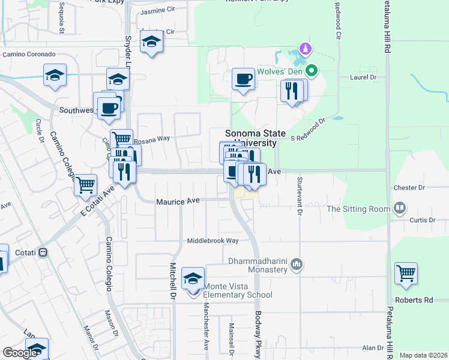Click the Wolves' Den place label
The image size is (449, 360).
[x=279, y=71]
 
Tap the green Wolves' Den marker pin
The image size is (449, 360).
[x=312, y=71]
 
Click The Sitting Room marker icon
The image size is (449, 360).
[x=400, y=209]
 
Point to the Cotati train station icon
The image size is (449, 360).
[x=43, y=253]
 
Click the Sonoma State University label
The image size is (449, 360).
[x=251, y=139]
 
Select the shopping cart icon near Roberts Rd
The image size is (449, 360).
[x=406, y=274]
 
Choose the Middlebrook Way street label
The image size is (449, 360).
[x=213, y=241]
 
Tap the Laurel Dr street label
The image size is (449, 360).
[x=363, y=77]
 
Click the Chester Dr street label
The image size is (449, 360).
[x=409, y=188]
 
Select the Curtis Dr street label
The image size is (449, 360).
[x=422, y=220]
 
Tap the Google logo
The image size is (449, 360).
[x=20, y=353]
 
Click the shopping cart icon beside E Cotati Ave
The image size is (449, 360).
[x=85, y=185]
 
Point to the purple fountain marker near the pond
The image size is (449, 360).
[x=306, y=49]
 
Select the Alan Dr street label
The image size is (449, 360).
[x=372, y=348]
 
